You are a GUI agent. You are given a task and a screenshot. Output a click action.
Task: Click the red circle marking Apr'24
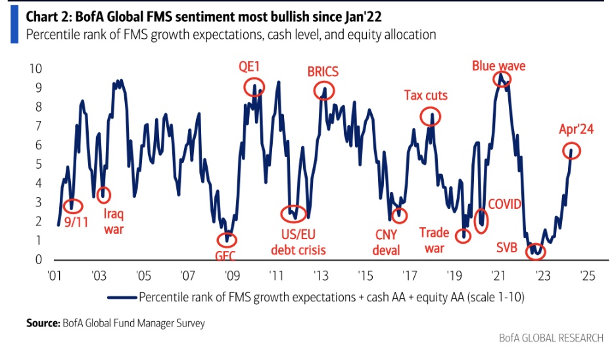572,150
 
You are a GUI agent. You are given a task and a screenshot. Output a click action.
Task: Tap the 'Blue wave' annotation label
498,66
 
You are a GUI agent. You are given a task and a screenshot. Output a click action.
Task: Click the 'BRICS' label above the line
323,72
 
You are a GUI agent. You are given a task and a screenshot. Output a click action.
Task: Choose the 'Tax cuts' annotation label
425,95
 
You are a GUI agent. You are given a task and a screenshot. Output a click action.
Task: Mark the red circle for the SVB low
537,250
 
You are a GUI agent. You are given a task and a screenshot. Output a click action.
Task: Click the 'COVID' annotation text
504,204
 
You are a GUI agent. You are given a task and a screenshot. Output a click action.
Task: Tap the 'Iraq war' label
114,221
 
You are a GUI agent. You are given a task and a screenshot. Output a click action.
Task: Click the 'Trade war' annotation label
435,240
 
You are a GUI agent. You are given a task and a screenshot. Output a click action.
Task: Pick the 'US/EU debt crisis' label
298,242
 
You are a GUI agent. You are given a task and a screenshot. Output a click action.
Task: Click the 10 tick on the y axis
37,69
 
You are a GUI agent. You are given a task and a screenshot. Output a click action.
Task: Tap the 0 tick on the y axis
40,260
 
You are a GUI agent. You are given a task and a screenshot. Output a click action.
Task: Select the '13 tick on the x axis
320,276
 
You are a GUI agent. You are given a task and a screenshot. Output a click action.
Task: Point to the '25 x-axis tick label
586,276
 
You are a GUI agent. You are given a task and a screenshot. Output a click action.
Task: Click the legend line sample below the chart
122,297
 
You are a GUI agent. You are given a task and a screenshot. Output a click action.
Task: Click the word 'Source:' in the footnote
43,323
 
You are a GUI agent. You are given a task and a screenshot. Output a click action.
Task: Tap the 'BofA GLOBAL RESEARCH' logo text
550,338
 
